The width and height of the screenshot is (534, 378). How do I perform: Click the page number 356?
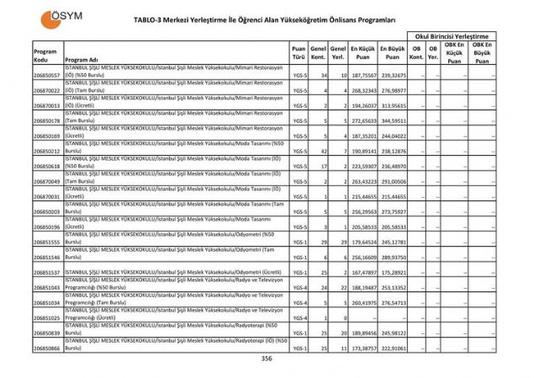tap(267, 359)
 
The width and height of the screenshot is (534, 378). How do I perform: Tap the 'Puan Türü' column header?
tap(298, 54)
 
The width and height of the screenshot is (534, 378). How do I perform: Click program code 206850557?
tap(46, 76)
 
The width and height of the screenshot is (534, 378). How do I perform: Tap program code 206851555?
tap(46, 242)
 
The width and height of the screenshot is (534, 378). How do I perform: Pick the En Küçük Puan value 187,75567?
tap(362, 76)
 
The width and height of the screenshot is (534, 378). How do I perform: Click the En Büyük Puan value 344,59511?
tap(393, 121)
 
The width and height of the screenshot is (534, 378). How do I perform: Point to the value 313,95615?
tap(393, 106)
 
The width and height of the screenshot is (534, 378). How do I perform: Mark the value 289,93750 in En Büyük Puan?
tap(393, 257)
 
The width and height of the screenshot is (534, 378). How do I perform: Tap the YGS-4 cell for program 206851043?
tap(298, 287)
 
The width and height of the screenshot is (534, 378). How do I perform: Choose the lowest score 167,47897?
tap(362, 272)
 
